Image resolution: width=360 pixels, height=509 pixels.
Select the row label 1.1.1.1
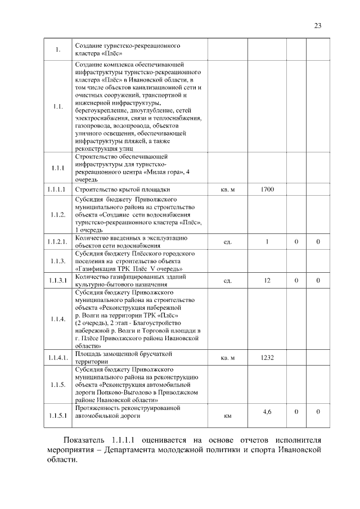[57, 190]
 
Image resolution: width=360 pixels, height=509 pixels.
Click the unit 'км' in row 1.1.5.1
[227, 416]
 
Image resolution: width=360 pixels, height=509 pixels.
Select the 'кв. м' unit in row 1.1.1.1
[227, 190]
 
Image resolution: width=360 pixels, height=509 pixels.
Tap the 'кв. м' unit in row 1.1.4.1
[227, 357]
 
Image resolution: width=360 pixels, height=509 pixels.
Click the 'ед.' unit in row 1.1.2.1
[227, 242]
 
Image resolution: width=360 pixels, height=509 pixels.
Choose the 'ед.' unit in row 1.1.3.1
[227, 280]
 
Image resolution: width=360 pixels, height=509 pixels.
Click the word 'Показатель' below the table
[84, 439]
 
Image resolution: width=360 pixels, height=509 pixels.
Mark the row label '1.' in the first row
[57, 50]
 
